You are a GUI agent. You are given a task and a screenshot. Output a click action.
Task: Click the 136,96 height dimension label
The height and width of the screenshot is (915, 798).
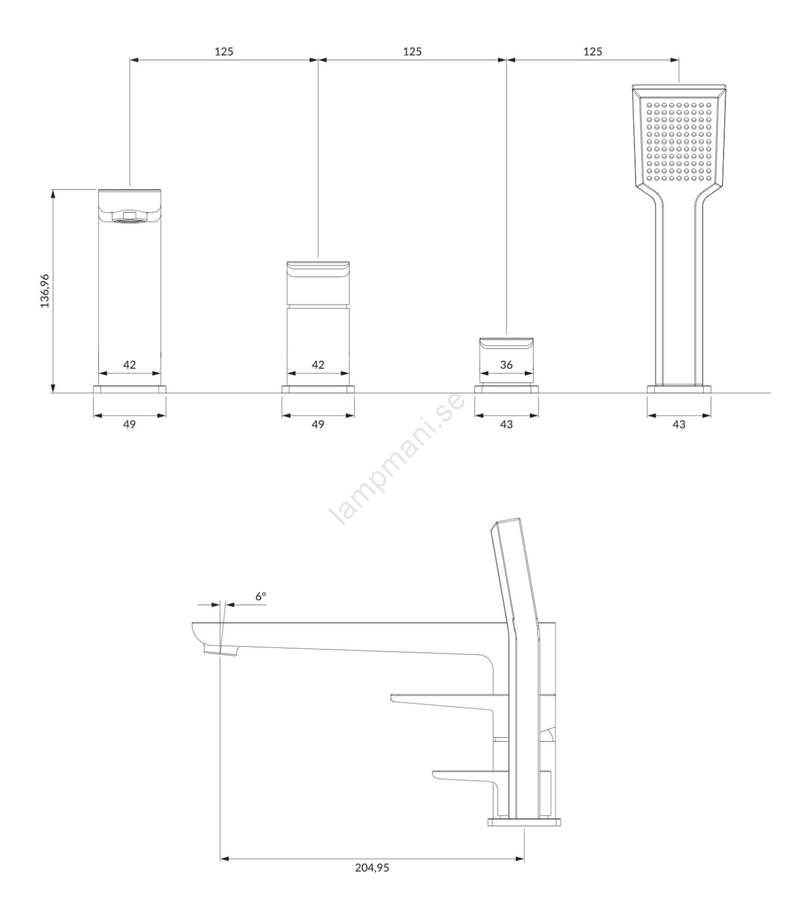(x=45, y=291)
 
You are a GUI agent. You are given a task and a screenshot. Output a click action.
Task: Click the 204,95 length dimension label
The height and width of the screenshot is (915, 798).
(x=372, y=883)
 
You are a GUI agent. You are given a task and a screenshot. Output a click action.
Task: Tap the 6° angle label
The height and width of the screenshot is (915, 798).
(x=261, y=596)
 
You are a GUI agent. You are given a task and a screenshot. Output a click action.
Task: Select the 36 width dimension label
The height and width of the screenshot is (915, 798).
(x=506, y=364)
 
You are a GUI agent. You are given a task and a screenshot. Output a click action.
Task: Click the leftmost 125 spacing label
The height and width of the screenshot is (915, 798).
(x=224, y=51)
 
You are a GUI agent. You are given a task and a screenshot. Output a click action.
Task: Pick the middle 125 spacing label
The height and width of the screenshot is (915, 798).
(x=412, y=51)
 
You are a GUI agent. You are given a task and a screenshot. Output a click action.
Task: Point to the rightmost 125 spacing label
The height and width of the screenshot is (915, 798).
(x=593, y=51)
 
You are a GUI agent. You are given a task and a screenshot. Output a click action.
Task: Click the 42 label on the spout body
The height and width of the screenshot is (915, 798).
(x=130, y=364)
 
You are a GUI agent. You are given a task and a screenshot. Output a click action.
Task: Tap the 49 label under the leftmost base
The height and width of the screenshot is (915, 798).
(x=130, y=424)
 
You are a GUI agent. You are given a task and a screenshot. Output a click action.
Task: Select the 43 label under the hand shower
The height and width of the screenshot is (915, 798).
(x=679, y=424)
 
